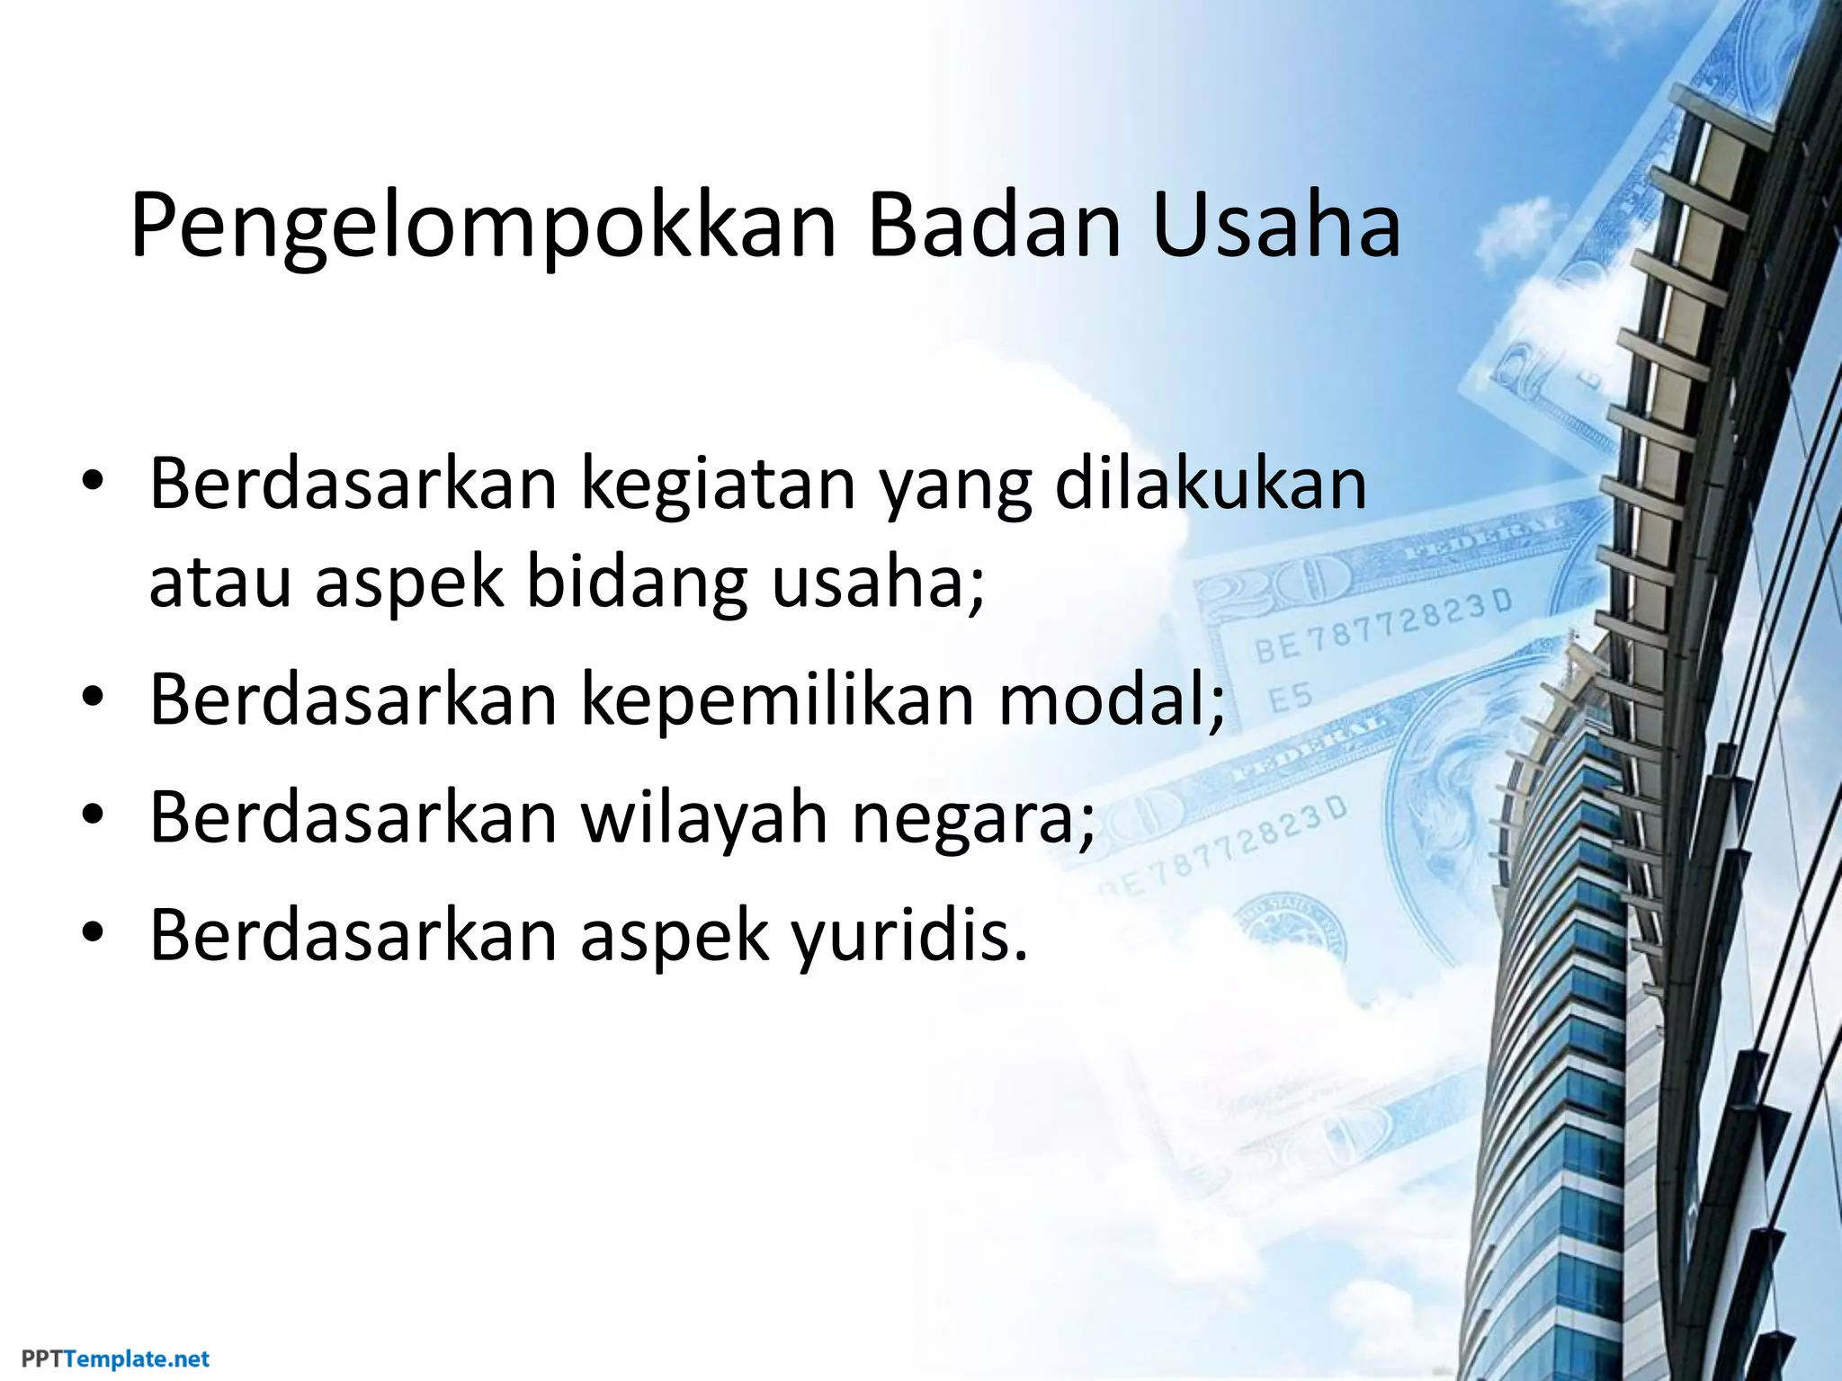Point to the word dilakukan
(x=1210, y=486)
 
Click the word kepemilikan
(x=778, y=700)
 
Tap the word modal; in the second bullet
(x=1112, y=700)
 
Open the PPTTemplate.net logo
(x=116, y=1359)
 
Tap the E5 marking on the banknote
(x=1291, y=699)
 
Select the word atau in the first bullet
(x=220, y=583)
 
